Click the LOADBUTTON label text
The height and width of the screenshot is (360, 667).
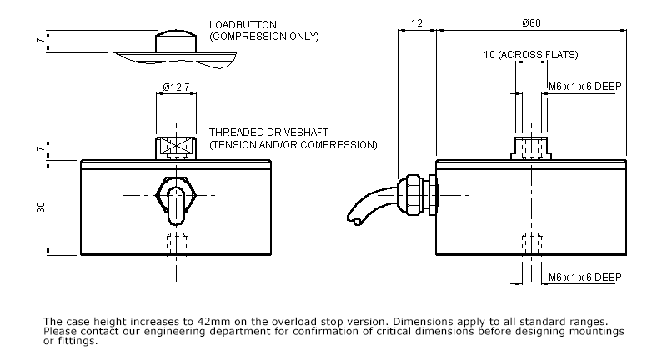pyautogui.click(x=243, y=25)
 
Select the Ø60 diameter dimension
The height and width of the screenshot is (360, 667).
pyautogui.click(x=530, y=24)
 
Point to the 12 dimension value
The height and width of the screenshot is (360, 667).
pyautogui.click(x=416, y=24)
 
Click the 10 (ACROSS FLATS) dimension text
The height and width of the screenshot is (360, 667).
pyautogui.click(x=530, y=55)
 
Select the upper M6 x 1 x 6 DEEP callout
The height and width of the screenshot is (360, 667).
pyautogui.click(x=584, y=86)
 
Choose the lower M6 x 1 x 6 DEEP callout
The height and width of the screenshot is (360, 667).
pyautogui.click(x=584, y=277)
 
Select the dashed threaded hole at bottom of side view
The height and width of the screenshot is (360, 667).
pyautogui.click(x=530, y=244)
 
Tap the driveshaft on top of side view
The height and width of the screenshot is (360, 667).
pyautogui.click(x=530, y=148)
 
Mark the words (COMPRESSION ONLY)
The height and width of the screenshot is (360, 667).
pyautogui.click(x=263, y=37)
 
